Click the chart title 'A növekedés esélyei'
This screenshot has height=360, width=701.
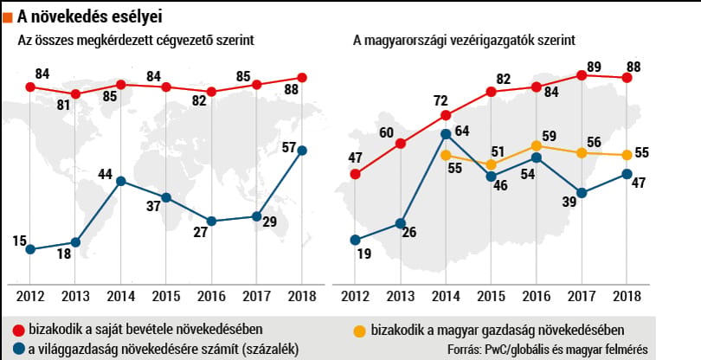pos(89,17)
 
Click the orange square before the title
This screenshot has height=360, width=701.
pos(7,18)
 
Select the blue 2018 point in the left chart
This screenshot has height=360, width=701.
pos(302,151)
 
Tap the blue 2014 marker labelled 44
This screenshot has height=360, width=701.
pos(120,181)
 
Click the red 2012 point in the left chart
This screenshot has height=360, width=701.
pos(30,87)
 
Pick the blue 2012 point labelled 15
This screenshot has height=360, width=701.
pos(30,249)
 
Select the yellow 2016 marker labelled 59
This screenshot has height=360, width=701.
pos(537,145)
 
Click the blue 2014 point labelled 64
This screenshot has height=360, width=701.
pos(446,134)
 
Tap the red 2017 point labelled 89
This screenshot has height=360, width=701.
pos(582,75)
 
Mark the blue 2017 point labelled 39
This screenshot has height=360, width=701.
pos(582,193)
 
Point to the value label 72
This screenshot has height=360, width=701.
pos(441,101)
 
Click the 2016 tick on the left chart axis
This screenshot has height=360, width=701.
pos(211,296)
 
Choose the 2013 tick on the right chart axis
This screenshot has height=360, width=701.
pos(401,296)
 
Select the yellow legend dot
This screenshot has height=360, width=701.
pos(359,331)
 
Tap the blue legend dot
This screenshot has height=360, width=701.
pos(19,350)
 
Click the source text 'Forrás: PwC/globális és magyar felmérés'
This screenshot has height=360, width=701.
pos(547,350)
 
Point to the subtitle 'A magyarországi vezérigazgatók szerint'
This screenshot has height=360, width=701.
pos(464,41)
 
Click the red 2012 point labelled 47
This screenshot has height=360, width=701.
pos(355,174)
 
